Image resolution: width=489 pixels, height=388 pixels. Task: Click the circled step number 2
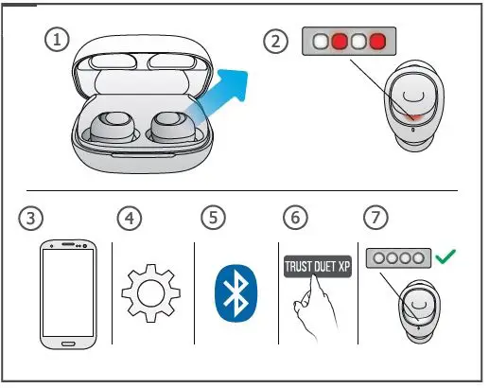(x=276, y=41)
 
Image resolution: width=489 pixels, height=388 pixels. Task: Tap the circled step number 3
(x=31, y=217)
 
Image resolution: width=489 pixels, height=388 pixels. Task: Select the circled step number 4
(x=130, y=217)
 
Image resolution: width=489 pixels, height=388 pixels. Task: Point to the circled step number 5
(x=214, y=217)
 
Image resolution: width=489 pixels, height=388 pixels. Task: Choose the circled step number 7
(x=377, y=217)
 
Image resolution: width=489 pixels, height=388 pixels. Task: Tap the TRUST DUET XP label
(x=317, y=266)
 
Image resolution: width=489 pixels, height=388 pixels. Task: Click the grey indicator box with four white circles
(x=400, y=256)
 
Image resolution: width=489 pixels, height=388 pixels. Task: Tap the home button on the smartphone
(x=69, y=338)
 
